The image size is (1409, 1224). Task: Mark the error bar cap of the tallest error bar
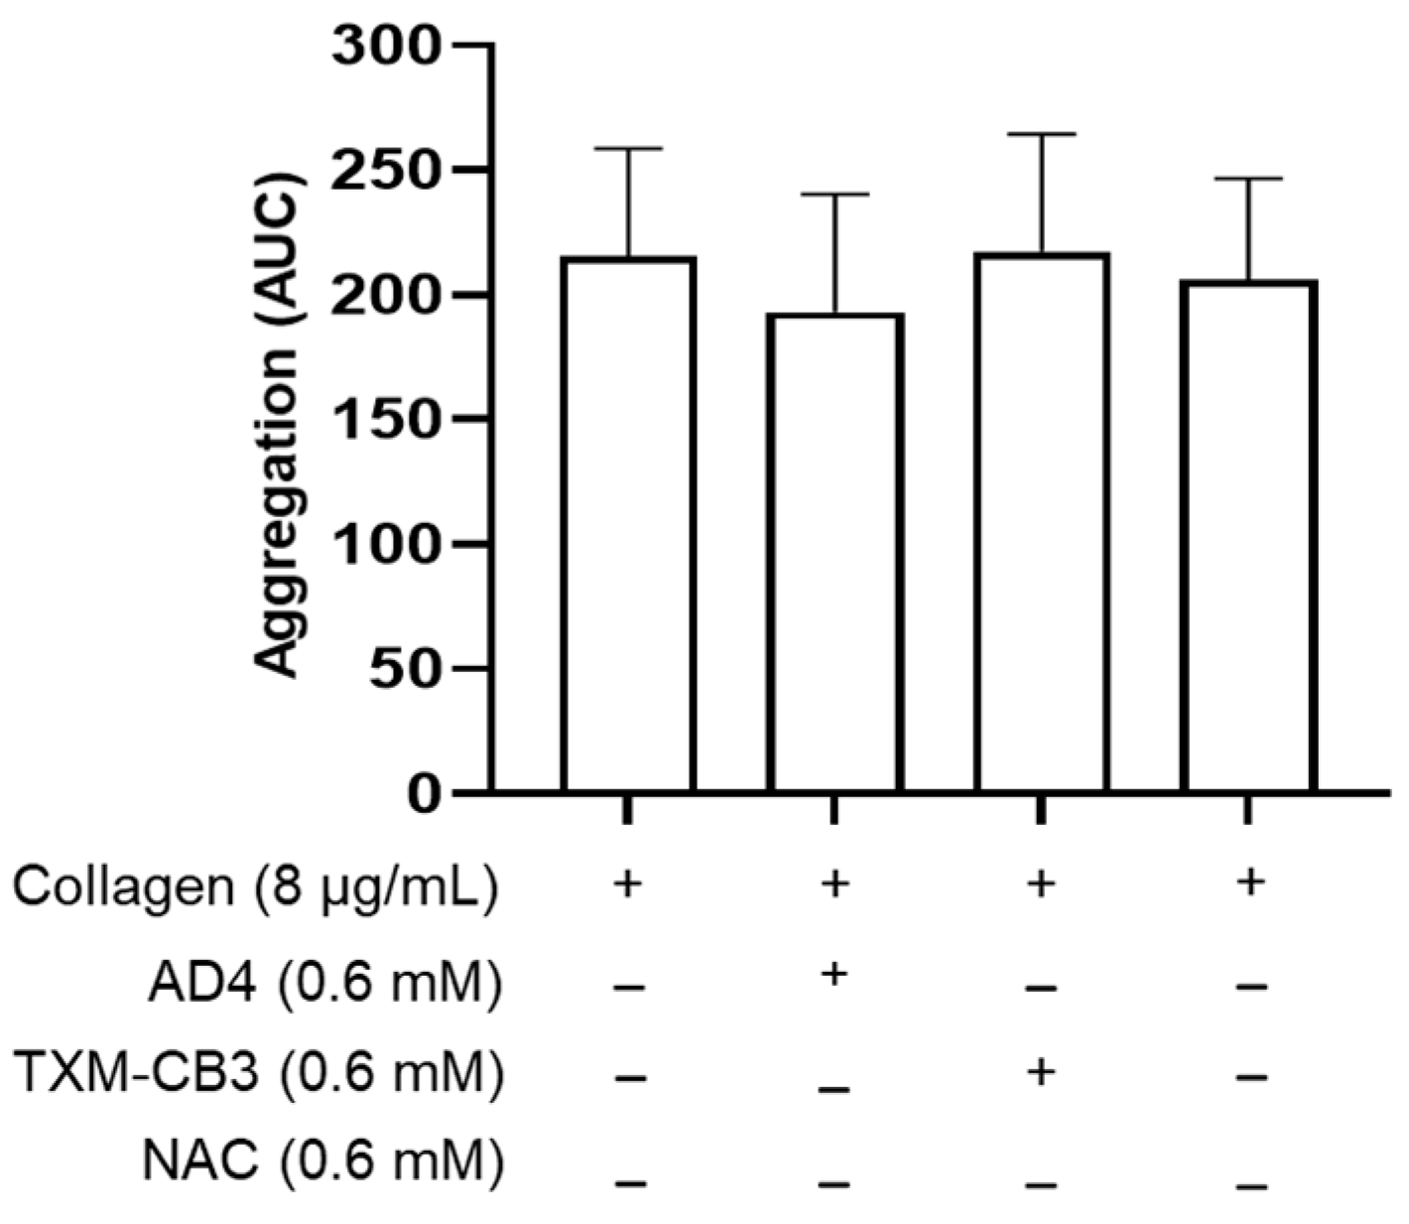(x=1041, y=134)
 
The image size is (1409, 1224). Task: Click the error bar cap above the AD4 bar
(x=834, y=195)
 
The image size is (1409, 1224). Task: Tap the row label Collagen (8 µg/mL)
(x=253, y=886)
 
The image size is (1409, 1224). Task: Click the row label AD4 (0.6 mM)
(x=323, y=984)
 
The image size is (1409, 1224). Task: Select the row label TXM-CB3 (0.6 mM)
(x=259, y=1074)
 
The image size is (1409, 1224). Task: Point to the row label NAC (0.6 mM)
(x=323, y=1161)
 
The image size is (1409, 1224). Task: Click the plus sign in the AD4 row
(x=834, y=975)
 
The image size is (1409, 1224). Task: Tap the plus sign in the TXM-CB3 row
(x=1040, y=1072)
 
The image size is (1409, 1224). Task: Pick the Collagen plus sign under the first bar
(x=626, y=883)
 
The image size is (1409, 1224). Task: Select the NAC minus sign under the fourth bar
(x=1252, y=1185)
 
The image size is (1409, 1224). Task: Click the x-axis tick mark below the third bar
(x=1041, y=809)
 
